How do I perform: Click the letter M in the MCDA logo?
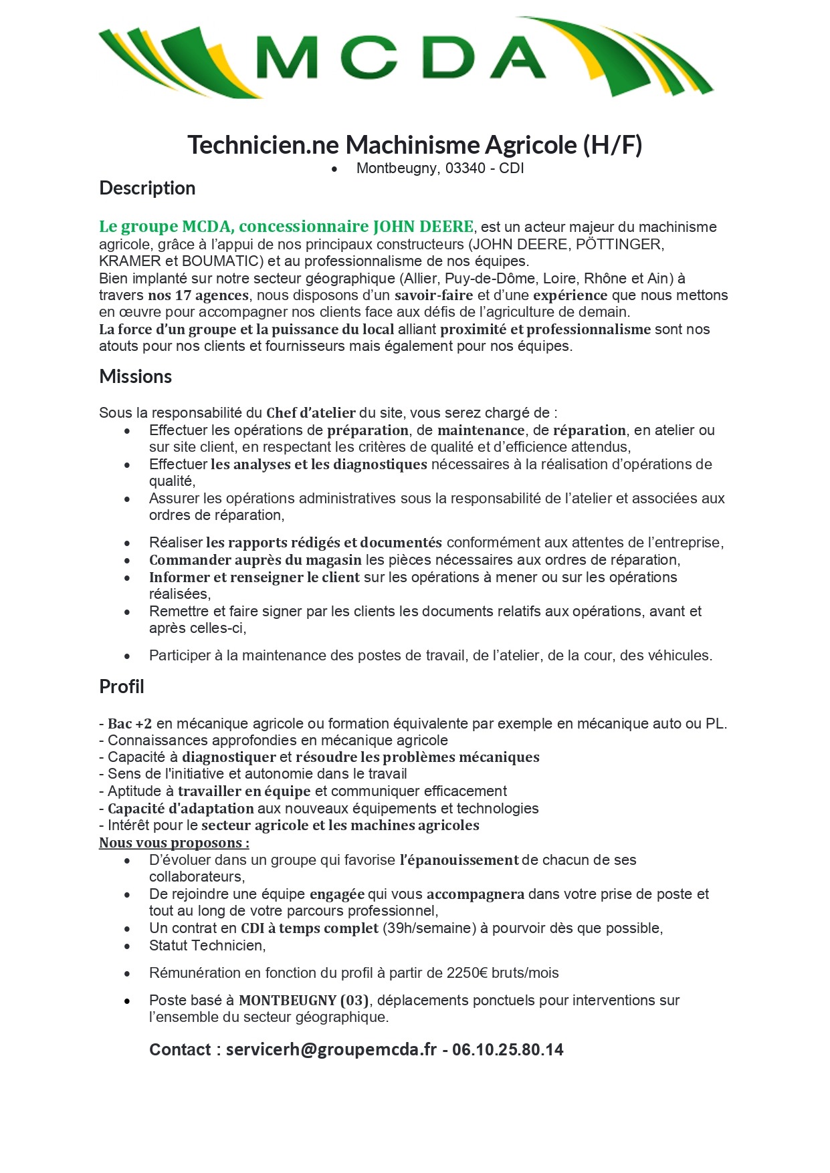click(286, 57)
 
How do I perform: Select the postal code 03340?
click(465, 168)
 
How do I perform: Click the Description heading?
click(147, 188)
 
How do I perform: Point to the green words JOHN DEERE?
click(423, 227)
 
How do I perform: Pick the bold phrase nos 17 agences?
click(198, 295)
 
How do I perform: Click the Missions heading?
click(135, 377)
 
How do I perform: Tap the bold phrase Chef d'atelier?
click(310, 413)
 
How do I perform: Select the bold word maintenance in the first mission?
click(480, 430)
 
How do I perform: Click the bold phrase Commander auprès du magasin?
click(255, 560)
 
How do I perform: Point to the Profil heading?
click(121, 687)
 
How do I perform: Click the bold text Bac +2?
click(130, 724)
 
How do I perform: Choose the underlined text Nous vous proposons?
click(174, 843)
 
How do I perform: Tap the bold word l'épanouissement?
click(459, 860)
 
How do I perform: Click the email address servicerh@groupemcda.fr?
click(331, 1049)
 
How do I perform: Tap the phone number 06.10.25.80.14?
click(508, 1049)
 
